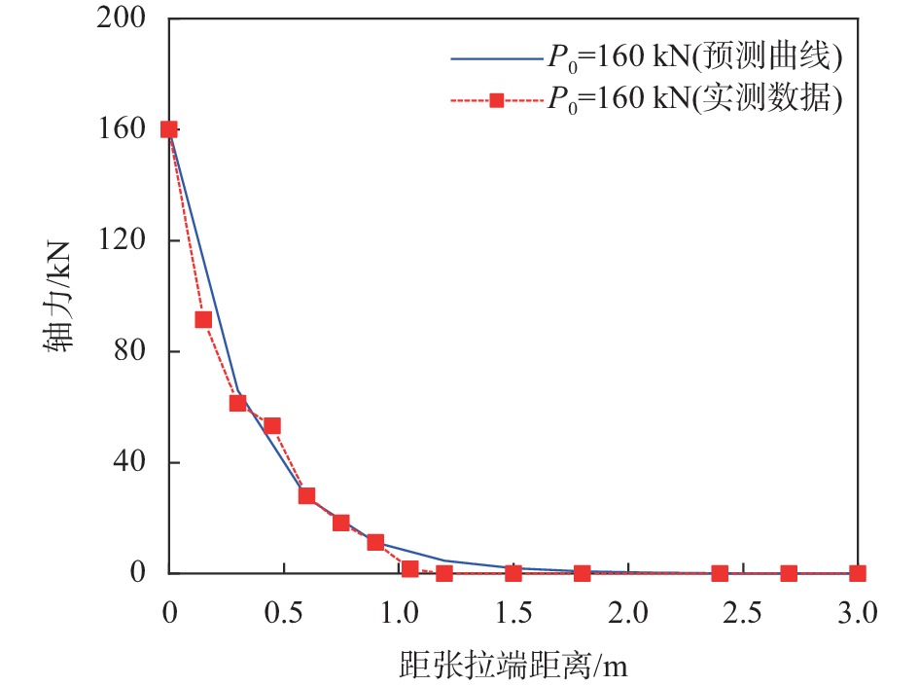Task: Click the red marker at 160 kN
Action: [169, 129]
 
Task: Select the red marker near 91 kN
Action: [203, 319]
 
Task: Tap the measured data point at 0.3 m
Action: [237, 403]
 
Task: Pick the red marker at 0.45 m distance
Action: [272, 425]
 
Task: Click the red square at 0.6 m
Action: [306, 495]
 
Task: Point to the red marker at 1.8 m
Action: [582, 573]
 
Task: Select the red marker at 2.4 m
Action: [720, 573]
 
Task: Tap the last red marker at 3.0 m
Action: [857, 573]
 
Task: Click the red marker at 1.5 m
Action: [513, 573]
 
